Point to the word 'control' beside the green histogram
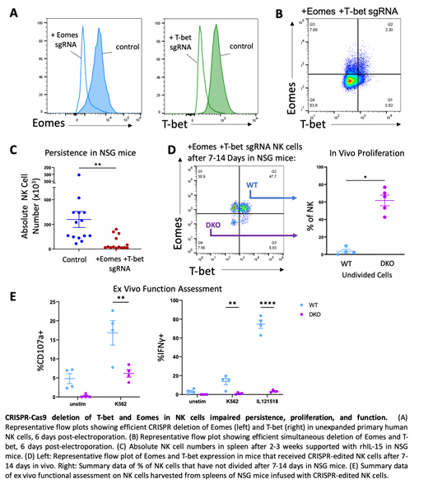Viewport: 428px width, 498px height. (241, 46)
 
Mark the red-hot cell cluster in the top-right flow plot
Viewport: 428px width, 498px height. (351, 81)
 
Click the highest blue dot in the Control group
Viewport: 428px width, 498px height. (78, 175)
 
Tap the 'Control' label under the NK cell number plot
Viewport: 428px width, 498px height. (73, 260)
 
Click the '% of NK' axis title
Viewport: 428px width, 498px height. (310, 216)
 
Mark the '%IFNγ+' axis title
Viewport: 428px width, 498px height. (162, 350)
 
